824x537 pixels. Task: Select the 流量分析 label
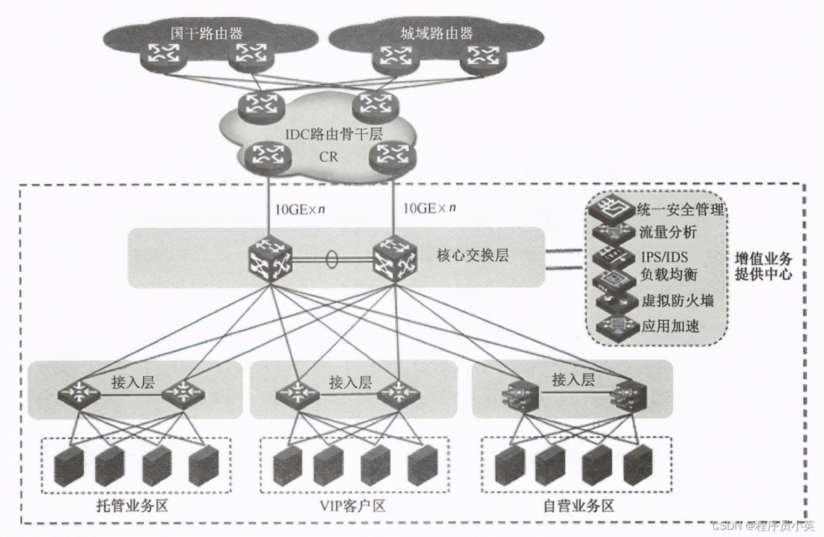[x=666, y=232]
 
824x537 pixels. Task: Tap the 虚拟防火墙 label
[x=677, y=301]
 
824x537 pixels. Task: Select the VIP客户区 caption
[x=353, y=505]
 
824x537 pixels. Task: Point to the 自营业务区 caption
[x=578, y=505]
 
